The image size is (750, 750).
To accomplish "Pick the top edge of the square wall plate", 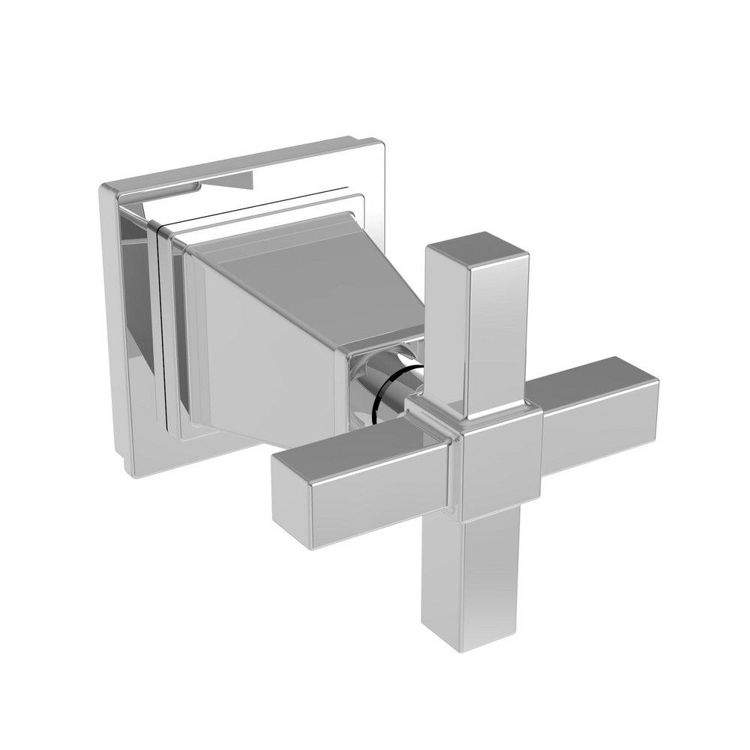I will pyautogui.click(x=232, y=159).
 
